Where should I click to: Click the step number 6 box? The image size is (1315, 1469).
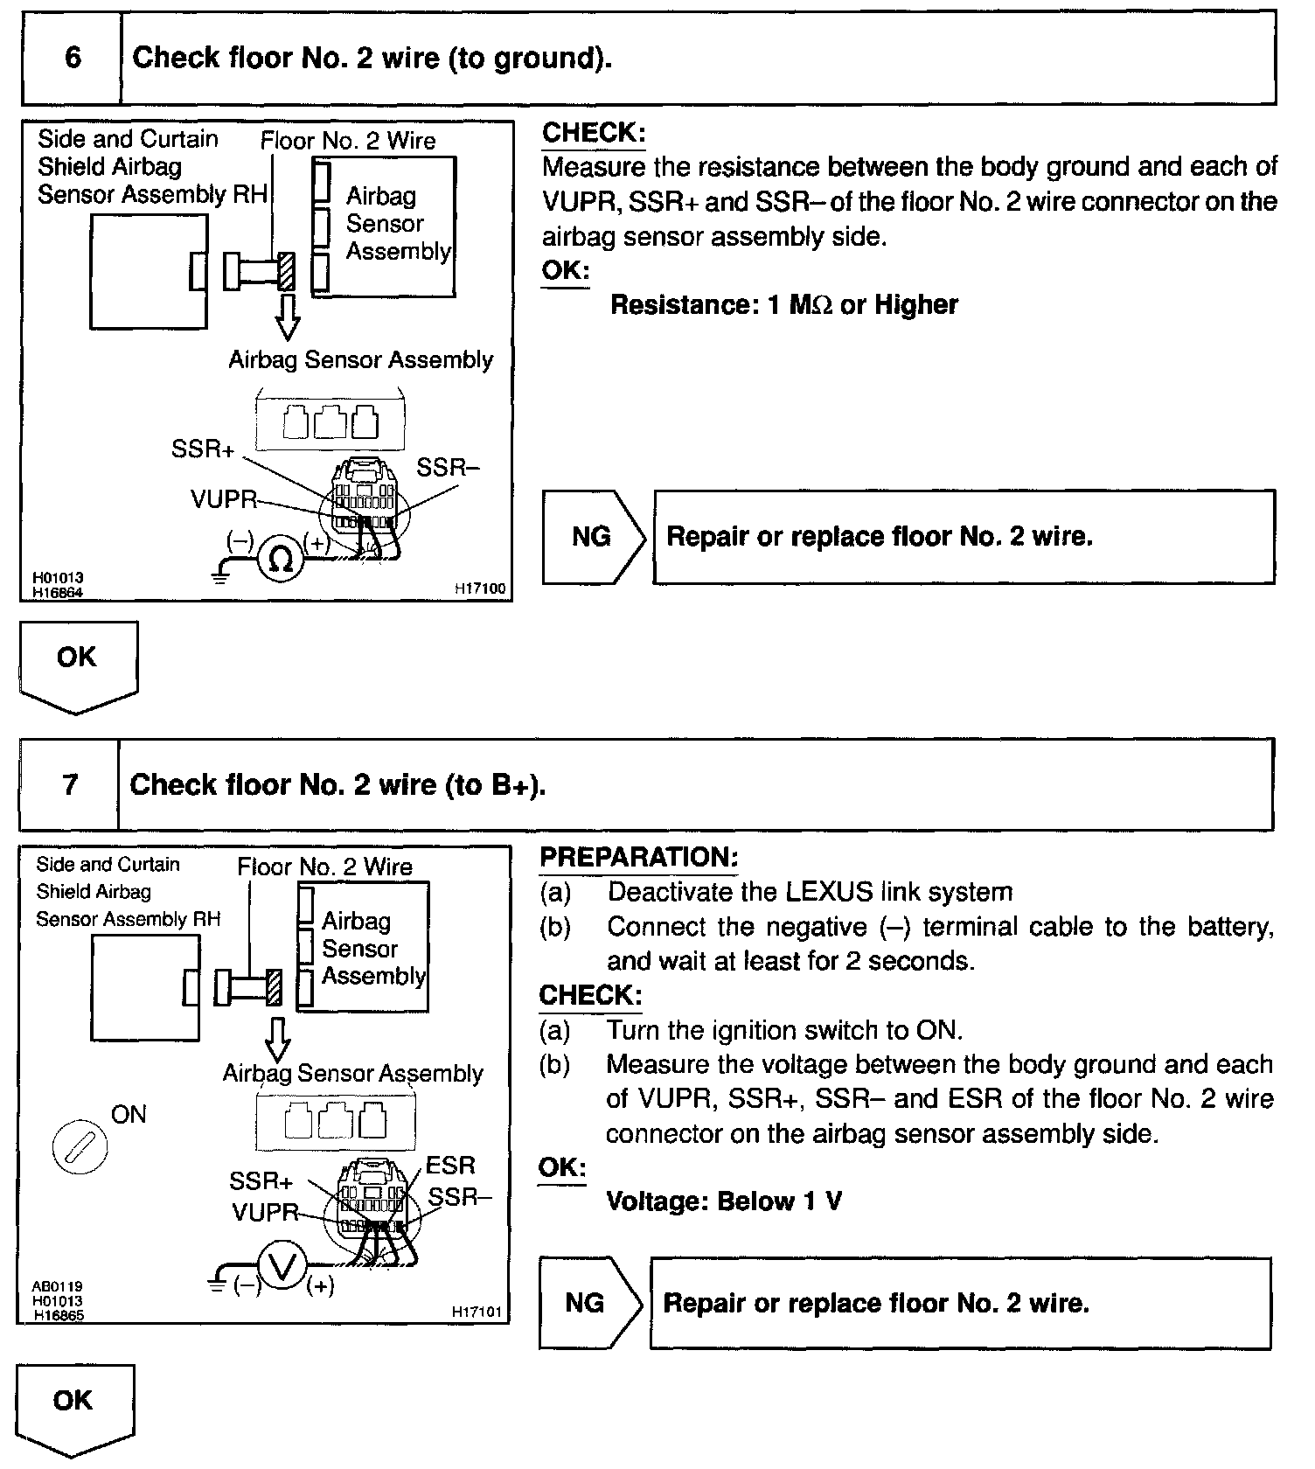click(x=72, y=59)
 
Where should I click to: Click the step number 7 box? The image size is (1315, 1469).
click(x=70, y=784)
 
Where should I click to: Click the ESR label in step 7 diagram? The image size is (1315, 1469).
click(x=450, y=1166)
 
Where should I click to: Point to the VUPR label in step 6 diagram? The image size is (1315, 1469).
click(x=224, y=499)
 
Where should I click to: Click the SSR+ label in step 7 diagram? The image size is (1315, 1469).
click(x=261, y=1181)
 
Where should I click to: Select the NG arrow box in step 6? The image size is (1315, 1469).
click(x=593, y=536)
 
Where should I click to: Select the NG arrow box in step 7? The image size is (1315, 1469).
click(x=589, y=1303)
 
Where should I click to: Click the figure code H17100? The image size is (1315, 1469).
click(x=479, y=590)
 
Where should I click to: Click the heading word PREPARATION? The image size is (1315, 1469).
click(x=639, y=857)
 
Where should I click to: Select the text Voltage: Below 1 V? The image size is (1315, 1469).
click(x=724, y=1201)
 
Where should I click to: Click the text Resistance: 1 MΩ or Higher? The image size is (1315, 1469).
click(x=783, y=305)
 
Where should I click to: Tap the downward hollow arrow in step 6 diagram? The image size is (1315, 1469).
click(x=287, y=317)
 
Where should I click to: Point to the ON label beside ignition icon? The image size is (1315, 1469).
click(x=129, y=1115)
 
